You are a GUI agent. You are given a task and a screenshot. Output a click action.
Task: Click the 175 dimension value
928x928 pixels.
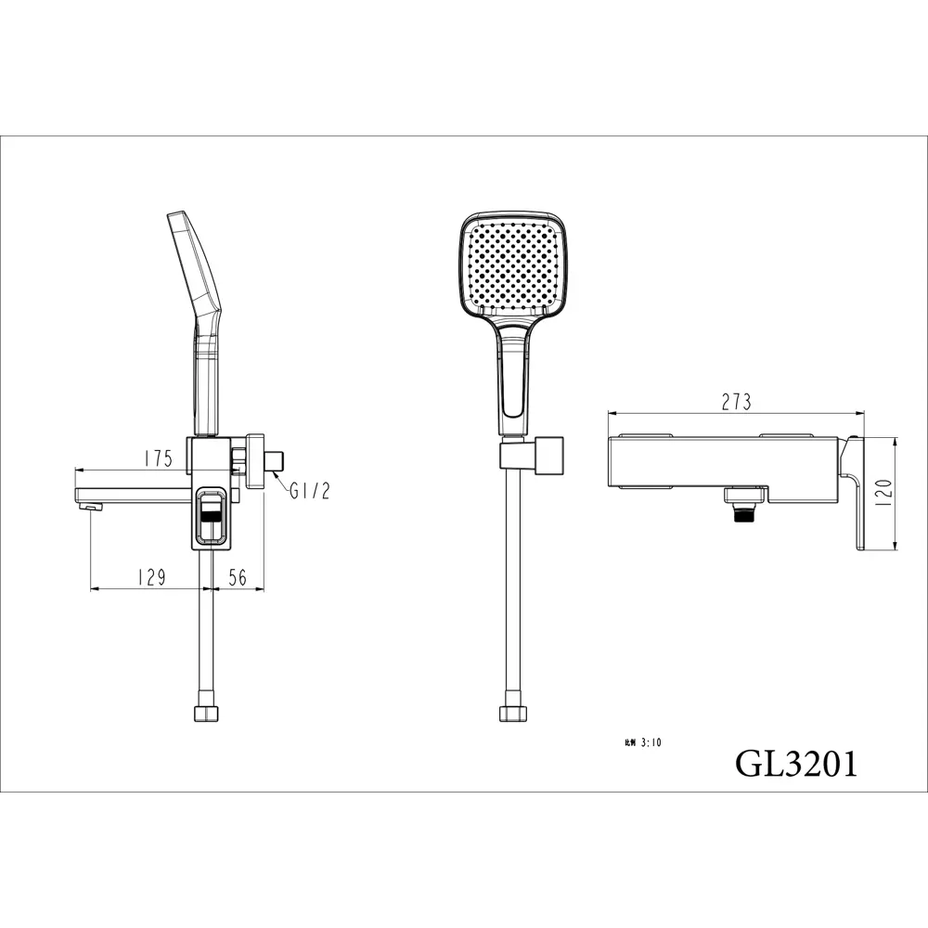159,458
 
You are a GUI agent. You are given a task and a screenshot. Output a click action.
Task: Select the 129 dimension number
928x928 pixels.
150,577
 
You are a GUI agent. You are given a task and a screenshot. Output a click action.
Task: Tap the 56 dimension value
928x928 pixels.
238,577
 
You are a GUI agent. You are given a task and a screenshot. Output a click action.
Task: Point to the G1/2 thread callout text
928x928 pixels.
309,492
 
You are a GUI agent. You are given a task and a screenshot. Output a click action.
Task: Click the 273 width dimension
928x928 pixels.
735,402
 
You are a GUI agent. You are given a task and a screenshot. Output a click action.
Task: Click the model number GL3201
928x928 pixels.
796,763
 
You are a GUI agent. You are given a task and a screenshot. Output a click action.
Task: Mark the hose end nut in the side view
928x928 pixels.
205,714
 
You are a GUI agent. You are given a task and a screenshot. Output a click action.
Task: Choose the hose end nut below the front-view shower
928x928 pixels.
511,714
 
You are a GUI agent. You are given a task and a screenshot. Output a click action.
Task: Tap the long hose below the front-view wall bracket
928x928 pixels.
511,594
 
